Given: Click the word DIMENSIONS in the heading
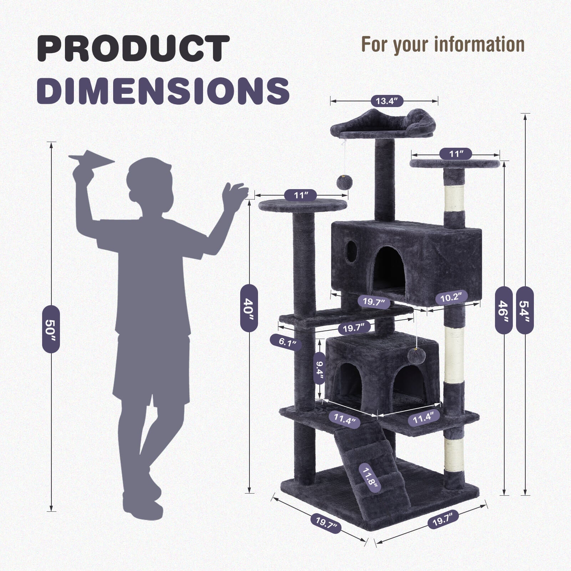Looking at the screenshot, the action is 163,90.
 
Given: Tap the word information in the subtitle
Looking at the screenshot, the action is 479,44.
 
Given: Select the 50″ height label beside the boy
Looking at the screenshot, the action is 51,329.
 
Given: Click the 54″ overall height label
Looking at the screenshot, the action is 525,310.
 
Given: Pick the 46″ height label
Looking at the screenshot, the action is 504,310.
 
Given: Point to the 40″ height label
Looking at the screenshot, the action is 249,308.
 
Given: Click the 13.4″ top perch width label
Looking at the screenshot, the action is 387,101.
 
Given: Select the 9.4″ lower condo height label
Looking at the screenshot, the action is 319,368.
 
